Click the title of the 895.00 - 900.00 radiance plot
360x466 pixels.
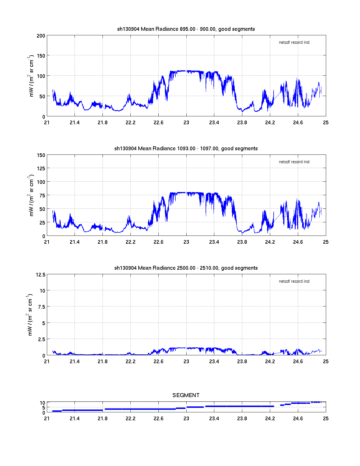click(186, 29)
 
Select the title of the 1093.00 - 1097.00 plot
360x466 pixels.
click(186, 149)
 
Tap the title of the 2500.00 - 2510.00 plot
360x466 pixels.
click(186, 268)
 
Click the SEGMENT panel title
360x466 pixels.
click(186, 395)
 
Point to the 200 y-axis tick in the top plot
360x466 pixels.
click(41, 36)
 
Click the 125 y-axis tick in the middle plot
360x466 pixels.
click(41, 169)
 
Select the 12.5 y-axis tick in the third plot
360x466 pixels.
click(41, 275)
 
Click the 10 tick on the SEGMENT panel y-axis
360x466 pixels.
click(42, 403)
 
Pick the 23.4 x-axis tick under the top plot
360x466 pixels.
click(214, 123)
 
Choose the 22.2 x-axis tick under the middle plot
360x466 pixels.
click(130, 242)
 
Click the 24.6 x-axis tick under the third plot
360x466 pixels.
click(298, 362)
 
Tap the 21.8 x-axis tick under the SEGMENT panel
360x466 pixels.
click(102, 419)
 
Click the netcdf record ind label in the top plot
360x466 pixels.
click(294, 42)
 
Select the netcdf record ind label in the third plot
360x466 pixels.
click(294, 281)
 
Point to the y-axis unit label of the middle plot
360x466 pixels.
click(31, 195)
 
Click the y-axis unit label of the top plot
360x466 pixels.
click(31, 76)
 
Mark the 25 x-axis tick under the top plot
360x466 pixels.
click(326, 123)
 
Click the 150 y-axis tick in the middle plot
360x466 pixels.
click(41, 155)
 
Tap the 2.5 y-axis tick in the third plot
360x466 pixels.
click(42, 339)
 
